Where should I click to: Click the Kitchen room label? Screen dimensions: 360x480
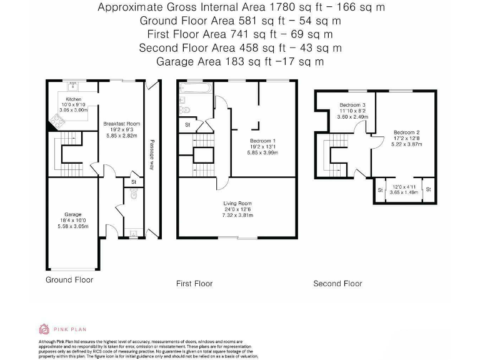[x=74, y=99]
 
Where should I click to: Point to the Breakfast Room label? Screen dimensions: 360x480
[x=121, y=124]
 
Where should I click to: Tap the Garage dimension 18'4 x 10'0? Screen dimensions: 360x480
[x=72, y=220]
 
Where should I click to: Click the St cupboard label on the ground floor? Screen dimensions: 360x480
[x=133, y=182]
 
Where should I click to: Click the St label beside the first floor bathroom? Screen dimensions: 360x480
[x=187, y=125]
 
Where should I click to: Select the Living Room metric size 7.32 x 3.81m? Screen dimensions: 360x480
[x=237, y=215]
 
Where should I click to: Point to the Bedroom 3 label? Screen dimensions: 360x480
[x=352, y=104]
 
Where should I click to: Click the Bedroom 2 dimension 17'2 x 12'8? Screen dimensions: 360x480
[x=407, y=138]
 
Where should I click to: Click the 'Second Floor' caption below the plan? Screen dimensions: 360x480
[x=337, y=283]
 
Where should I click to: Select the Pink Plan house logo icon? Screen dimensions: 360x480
[x=44, y=329]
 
